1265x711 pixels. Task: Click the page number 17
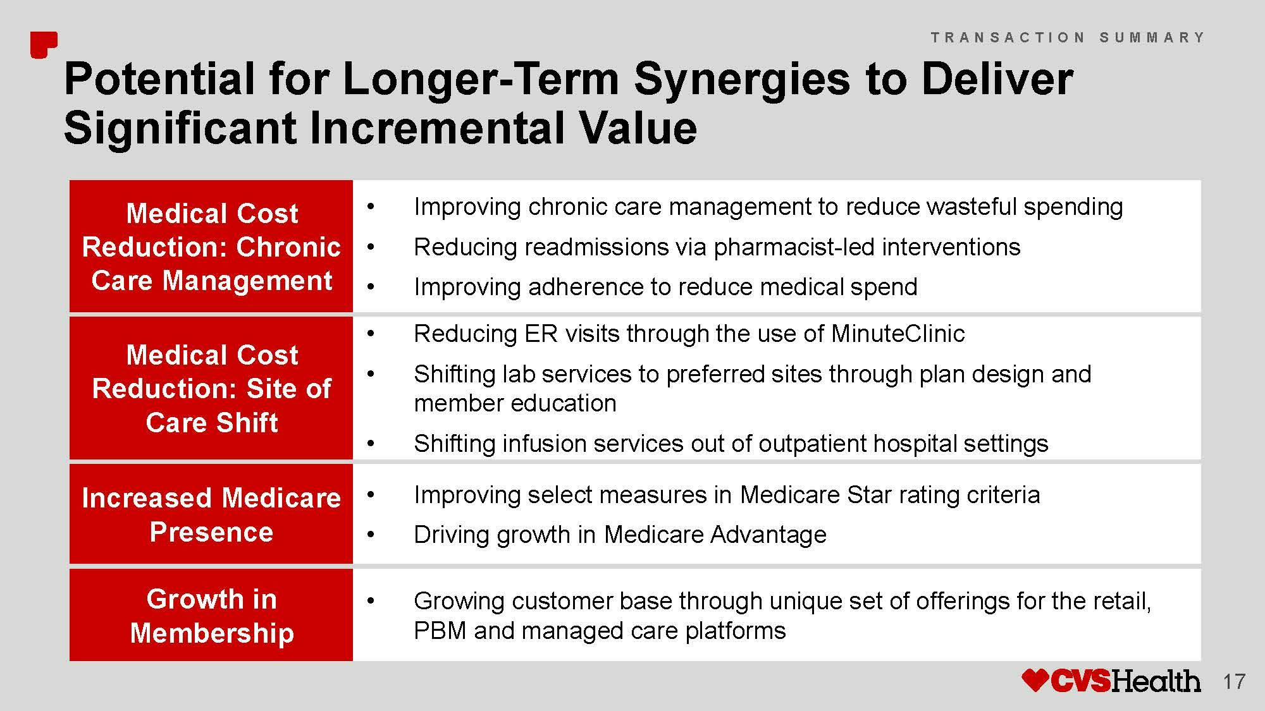(x=1234, y=682)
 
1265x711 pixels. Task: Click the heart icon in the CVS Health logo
(x=1035, y=681)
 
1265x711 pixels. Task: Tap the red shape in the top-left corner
(x=44, y=45)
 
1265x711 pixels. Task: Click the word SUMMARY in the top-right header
(x=1152, y=37)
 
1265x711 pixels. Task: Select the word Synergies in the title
(x=742, y=79)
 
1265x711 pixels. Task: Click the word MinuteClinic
(x=898, y=333)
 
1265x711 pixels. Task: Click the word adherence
(x=585, y=287)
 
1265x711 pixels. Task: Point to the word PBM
(x=440, y=631)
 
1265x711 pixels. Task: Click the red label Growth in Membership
(x=211, y=615)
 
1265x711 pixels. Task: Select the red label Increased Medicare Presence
(x=211, y=514)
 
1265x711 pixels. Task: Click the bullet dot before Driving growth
(x=371, y=535)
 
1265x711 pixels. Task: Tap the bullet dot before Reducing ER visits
(x=371, y=334)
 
